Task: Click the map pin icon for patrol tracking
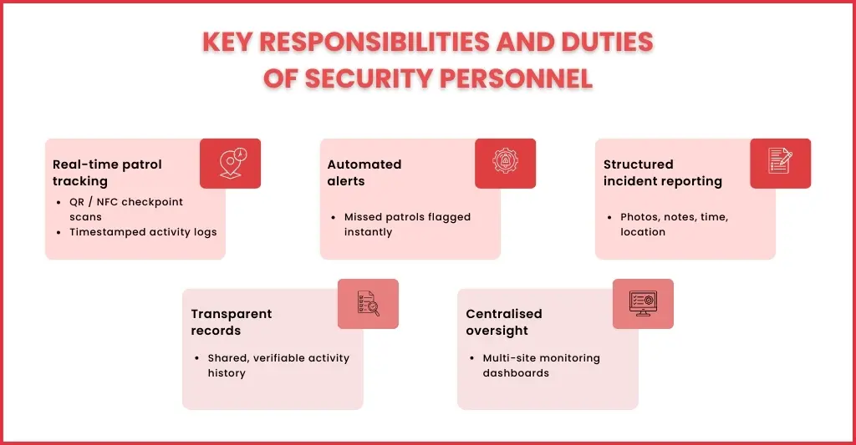point(230,163)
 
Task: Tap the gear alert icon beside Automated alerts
point(505,163)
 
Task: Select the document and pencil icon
point(780,163)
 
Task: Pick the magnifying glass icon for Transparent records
point(368,303)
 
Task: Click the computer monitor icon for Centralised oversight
point(643,303)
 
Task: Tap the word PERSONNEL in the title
point(511,78)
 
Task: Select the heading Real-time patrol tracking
point(107,172)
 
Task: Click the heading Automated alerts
point(364,172)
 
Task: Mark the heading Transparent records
point(232,321)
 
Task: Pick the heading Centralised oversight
point(504,321)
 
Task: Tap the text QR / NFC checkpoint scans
point(125,209)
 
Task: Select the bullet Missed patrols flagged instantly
point(407,224)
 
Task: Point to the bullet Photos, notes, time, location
point(674,224)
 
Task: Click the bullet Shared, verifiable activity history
point(278,365)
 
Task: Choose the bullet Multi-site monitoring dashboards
point(541,365)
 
